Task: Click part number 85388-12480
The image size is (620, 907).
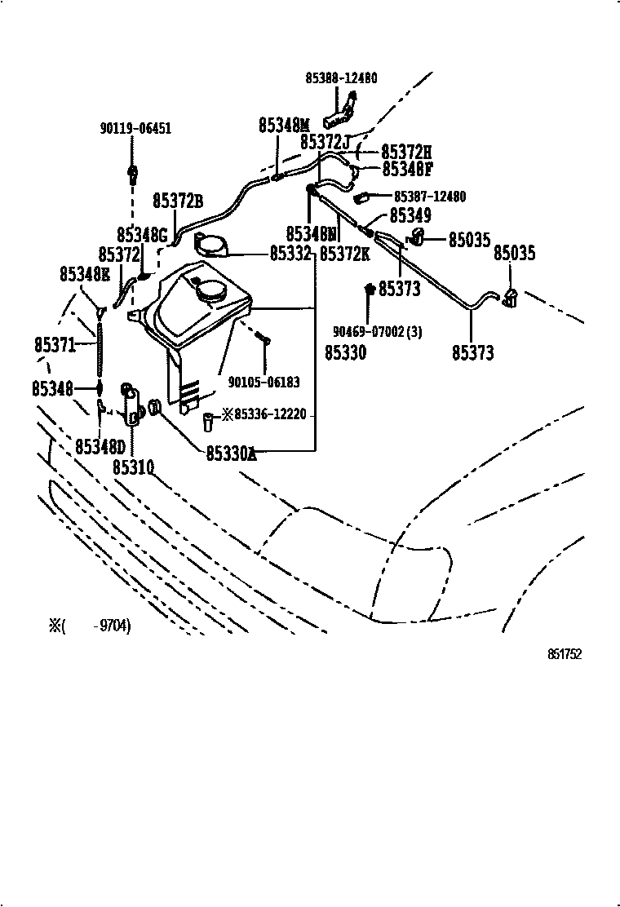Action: pos(341,78)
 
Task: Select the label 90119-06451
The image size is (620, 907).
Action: pos(135,128)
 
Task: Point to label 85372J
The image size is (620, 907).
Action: pos(325,142)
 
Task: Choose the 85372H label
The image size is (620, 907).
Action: pos(406,152)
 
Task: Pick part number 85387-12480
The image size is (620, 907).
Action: pos(430,197)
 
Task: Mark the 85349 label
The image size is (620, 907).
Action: pos(410,215)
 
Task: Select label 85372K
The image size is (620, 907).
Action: pos(344,254)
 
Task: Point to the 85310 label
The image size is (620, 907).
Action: pos(133,467)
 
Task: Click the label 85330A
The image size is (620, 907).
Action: pos(231,453)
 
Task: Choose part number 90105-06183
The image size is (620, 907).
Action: pos(263,382)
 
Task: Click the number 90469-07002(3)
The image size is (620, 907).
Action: pos(377,332)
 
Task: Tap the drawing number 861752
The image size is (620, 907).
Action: pos(564,654)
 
